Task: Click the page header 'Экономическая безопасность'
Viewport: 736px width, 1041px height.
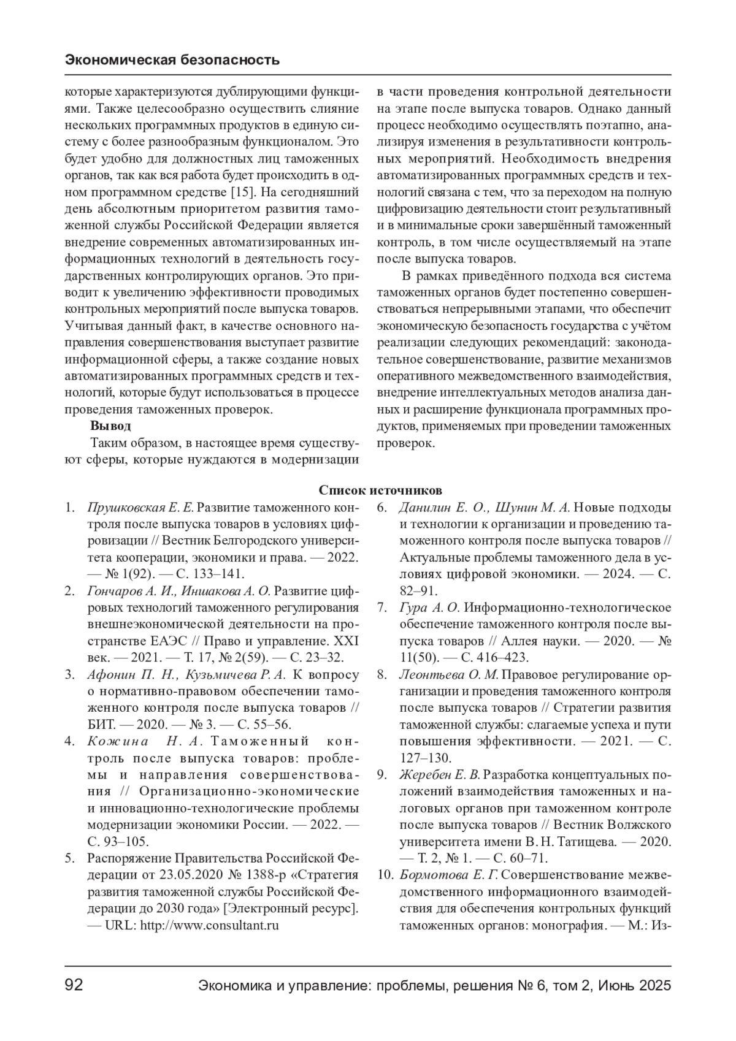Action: tap(172, 59)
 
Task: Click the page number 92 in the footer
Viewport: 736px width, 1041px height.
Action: tap(74, 985)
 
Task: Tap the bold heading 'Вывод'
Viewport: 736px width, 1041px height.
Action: tap(110, 425)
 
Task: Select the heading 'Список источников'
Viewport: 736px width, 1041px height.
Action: tap(380, 490)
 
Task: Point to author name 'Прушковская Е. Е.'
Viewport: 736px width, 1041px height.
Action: tap(141, 508)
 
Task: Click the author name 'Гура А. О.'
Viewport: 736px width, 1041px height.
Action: tap(429, 608)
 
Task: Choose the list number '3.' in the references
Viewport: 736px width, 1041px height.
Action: tap(70, 674)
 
